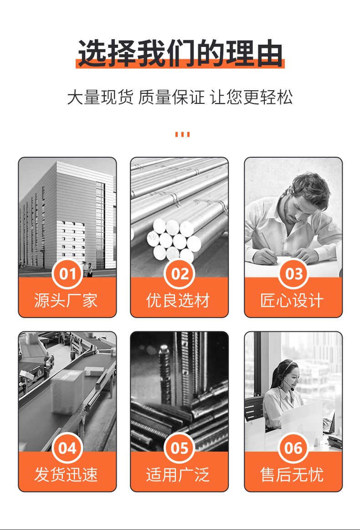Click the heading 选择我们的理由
coord(180,53)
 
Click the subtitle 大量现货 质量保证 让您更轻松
coord(180,97)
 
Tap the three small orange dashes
coord(182,134)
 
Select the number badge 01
coord(67,274)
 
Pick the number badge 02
coord(180,274)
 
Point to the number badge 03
coord(293,274)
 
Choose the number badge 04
coord(67,448)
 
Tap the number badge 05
coord(180,448)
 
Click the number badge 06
coord(293,448)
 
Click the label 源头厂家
coord(66,300)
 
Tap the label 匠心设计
coord(292,300)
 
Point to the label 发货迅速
coord(66,474)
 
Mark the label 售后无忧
coord(292,474)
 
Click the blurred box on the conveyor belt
coord(68,392)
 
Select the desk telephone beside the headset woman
coord(334,441)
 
